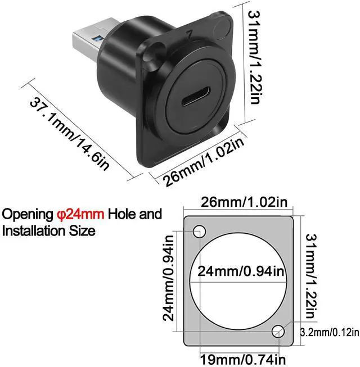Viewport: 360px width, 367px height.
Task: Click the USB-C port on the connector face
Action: [x=196, y=98]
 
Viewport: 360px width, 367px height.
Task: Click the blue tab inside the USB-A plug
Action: [x=98, y=38]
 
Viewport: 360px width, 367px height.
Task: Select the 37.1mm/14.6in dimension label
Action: [x=70, y=134]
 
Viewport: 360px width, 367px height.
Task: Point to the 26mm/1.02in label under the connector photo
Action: [x=203, y=161]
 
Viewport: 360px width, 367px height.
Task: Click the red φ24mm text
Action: [x=80, y=214]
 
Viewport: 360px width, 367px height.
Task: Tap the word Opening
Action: [x=28, y=214]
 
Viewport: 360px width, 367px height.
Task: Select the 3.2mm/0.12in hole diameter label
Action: [x=330, y=332]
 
